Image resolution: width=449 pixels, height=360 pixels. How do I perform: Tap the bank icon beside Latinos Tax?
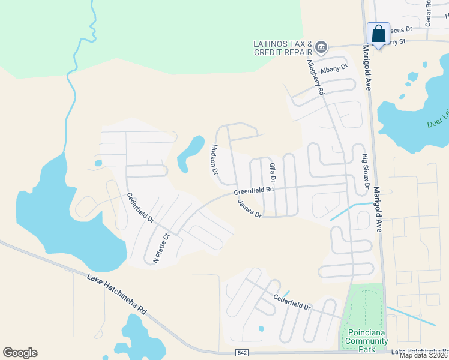(x=321, y=47)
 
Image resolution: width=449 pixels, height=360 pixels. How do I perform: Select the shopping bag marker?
(x=379, y=34)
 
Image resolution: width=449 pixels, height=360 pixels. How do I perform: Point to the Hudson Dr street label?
(x=214, y=159)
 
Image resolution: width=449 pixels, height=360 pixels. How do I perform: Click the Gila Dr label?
(x=272, y=172)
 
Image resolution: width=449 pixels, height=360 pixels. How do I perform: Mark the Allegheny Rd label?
(x=315, y=77)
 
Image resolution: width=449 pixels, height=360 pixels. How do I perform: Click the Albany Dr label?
(x=334, y=70)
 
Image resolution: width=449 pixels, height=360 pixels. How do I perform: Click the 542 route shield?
(x=241, y=353)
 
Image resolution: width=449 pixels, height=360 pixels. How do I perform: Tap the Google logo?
(x=20, y=353)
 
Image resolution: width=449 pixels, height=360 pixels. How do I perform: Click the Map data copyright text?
(x=424, y=355)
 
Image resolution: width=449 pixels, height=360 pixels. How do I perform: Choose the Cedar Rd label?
(x=428, y=13)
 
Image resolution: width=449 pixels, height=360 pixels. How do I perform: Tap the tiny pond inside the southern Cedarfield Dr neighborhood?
(x=261, y=328)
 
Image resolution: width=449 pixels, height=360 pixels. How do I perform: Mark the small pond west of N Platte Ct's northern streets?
(x=98, y=163)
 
